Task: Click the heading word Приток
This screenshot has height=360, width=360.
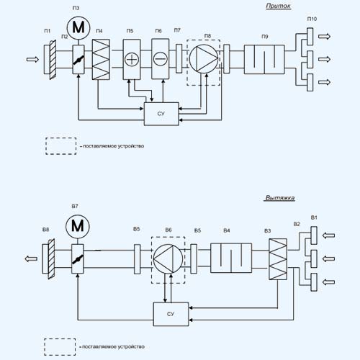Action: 279,6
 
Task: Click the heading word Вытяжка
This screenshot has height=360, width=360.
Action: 279,198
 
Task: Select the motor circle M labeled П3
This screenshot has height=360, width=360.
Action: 78,27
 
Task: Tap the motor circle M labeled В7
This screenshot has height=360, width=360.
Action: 78,226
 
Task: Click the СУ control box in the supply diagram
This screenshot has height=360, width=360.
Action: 161,114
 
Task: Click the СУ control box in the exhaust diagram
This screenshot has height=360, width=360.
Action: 171,314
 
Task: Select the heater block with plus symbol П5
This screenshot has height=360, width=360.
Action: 132,59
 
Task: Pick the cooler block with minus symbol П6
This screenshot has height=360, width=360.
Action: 161,59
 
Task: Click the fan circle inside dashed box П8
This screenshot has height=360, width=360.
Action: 204,59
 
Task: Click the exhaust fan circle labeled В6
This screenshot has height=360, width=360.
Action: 168,258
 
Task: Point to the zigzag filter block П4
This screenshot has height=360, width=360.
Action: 101,60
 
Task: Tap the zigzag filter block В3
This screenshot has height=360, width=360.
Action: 278,259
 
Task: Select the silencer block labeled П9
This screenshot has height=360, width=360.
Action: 264,59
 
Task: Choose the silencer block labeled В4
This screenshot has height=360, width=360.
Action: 231,258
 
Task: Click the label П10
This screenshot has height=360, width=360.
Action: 312,19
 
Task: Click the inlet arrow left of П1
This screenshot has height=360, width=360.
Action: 32,59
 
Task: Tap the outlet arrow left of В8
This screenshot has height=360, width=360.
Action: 31,258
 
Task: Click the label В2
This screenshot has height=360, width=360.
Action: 297,224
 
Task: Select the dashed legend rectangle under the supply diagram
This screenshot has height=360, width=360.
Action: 61,146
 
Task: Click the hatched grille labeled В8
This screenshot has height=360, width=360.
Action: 51,258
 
